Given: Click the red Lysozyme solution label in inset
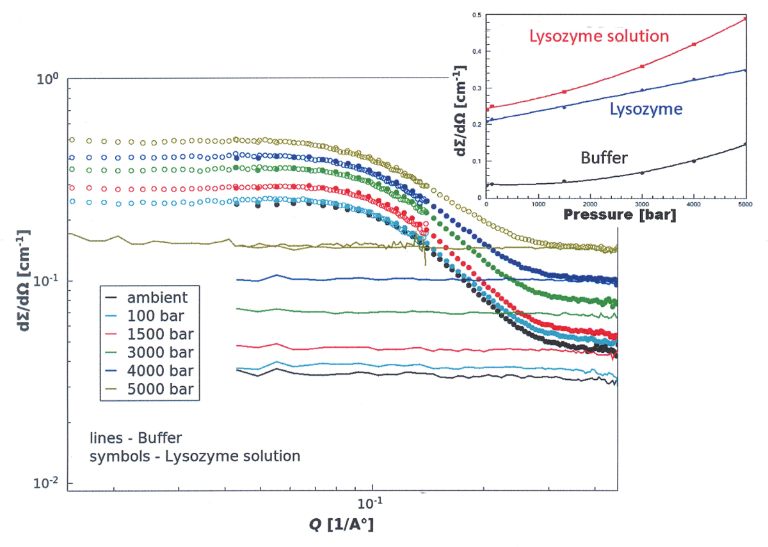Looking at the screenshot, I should coord(599,35).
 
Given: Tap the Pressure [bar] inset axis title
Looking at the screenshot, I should coord(620,216).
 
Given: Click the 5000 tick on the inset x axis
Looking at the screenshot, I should coord(745,204).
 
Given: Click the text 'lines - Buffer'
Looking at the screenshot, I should coord(136,439).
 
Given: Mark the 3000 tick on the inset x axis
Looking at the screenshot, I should coord(642,204).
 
